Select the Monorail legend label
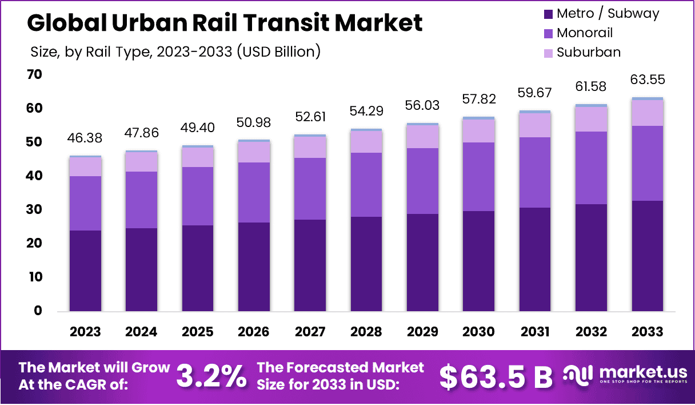point(585,33)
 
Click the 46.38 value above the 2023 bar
point(85,139)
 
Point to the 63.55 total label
point(648,80)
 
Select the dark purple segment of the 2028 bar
point(365,264)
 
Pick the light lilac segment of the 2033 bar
point(648,113)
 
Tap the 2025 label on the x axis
point(197,332)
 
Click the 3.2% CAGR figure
point(211,376)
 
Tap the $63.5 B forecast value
point(496,376)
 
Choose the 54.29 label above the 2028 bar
point(365,110)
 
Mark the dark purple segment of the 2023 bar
point(85,271)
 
